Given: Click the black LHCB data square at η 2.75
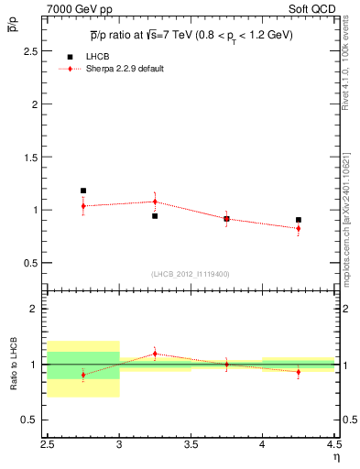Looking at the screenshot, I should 83,191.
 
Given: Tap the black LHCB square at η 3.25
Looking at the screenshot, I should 155,216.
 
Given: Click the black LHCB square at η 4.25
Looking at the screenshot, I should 299,220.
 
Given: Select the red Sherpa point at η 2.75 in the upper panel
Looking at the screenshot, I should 83,206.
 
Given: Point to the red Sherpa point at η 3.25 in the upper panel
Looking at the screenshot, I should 155,202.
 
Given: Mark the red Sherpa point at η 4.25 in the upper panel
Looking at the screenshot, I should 299,228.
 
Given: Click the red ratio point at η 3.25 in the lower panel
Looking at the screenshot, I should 155,353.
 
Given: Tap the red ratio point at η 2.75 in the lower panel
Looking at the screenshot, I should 83,375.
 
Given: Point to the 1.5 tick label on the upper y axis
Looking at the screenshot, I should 34,157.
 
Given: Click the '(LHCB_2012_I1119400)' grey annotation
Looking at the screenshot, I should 191,274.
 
